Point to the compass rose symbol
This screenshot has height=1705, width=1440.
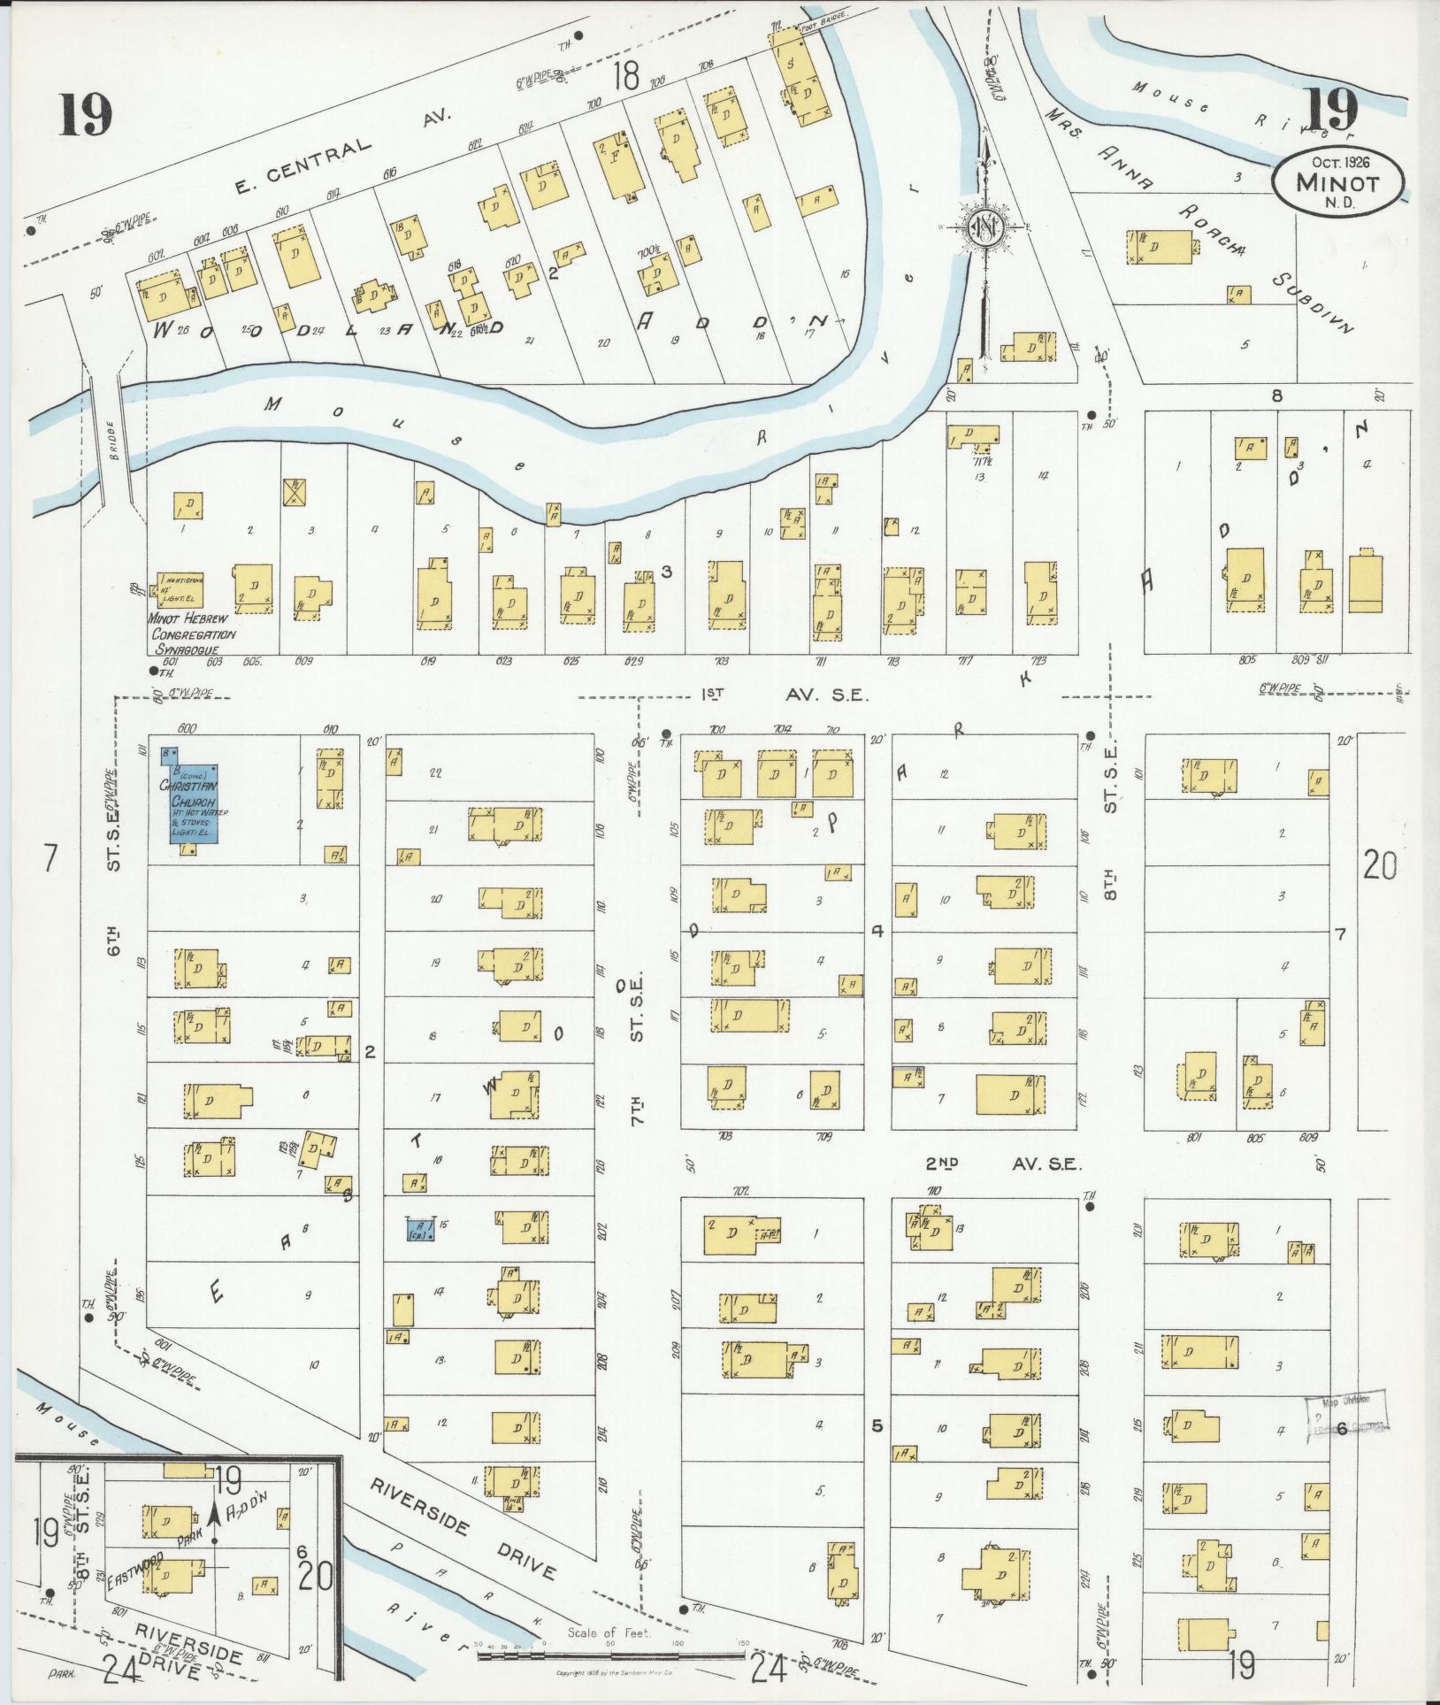click(984, 228)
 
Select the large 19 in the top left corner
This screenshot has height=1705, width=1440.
click(87, 115)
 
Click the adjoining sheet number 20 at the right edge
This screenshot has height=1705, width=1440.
click(1380, 864)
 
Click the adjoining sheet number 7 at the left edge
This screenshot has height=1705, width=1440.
click(50, 857)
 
